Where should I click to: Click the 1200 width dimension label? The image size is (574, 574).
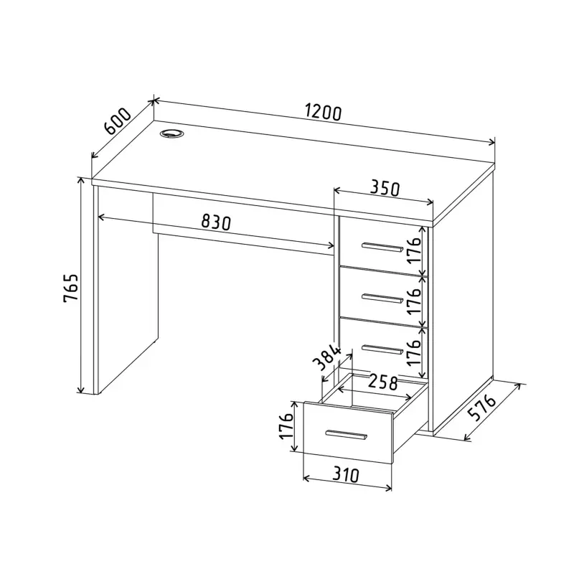(x=324, y=113)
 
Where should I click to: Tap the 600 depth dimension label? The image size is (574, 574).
(x=118, y=121)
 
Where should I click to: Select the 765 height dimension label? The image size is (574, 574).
(x=70, y=287)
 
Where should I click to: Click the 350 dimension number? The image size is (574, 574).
(x=384, y=188)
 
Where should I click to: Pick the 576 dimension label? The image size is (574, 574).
(x=482, y=408)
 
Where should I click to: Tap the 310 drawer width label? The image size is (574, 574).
(x=346, y=475)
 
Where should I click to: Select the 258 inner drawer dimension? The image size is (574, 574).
(x=382, y=382)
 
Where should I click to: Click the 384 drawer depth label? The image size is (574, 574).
(x=327, y=357)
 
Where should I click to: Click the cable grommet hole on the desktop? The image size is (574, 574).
(x=171, y=133)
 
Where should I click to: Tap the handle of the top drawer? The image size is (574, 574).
(x=382, y=247)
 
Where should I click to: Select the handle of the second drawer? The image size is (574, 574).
(x=382, y=298)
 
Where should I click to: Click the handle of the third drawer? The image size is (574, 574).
(x=382, y=349)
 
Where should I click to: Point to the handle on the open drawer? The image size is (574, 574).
(x=346, y=435)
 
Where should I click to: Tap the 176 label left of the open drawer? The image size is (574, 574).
(x=286, y=427)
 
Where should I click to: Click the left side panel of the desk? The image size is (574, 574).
(x=126, y=289)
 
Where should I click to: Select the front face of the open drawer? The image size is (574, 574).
(x=348, y=433)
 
